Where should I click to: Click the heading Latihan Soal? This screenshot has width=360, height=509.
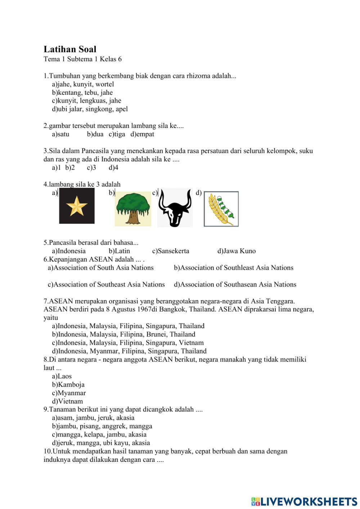(x=70, y=49)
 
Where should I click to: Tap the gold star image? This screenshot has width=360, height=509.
(x=77, y=206)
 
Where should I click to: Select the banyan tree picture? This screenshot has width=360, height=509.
(x=133, y=209)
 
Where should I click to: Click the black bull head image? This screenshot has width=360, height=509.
(x=175, y=208)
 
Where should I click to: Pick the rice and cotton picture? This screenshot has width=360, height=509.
(x=221, y=209)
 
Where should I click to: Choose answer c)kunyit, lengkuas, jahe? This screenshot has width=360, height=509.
(x=86, y=101)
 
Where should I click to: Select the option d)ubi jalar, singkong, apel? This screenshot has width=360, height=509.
(x=90, y=109)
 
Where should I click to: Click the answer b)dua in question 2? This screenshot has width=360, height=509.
(x=95, y=134)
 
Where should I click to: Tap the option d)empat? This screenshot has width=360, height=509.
(x=142, y=134)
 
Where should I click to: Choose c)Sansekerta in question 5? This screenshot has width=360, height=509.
(x=171, y=251)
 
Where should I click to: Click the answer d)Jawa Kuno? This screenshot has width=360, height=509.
(x=237, y=251)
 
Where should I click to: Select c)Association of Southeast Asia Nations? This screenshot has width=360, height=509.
(x=106, y=285)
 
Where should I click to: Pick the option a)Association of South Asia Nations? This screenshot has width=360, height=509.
(x=101, y=268)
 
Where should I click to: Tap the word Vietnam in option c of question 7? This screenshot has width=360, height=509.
(x=191, y=343)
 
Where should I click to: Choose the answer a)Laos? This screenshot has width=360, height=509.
(x=62, y=376)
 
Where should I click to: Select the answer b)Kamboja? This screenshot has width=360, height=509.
(x=68, y=385)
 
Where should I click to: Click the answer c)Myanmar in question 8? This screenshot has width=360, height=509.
(x=69, y=393)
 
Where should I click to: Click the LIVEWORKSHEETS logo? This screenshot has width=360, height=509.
(x=304, y=501)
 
